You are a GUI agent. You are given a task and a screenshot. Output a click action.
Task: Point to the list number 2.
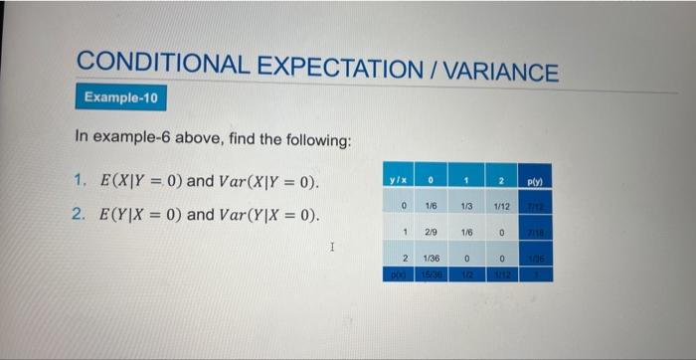tap(81, 215)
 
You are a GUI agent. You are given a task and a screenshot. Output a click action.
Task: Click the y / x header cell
tap(401, 181)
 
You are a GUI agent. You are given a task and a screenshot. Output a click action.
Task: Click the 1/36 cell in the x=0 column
tap(433, 256)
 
